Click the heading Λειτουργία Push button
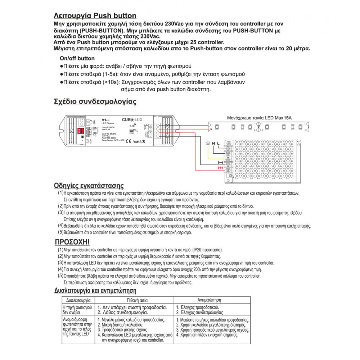[x=95, y=15]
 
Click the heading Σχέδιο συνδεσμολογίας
[x=95, y=101]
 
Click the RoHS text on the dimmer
[x=137, y=141]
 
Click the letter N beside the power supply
[x=213, y=144]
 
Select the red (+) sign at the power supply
[x=220, y=168]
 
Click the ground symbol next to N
[x=207, y=144]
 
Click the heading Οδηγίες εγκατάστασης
[x=89, y=186]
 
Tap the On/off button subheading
[x=77, y=58]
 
